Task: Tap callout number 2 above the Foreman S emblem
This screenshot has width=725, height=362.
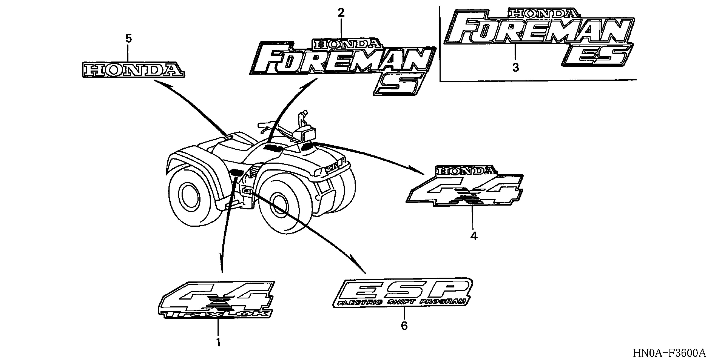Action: coord(341,13)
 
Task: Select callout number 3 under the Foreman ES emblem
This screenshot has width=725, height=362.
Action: coord(515,68)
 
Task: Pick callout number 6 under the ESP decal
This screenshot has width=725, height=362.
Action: coord(404,326)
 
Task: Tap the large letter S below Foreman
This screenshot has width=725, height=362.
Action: coord(399,84)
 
